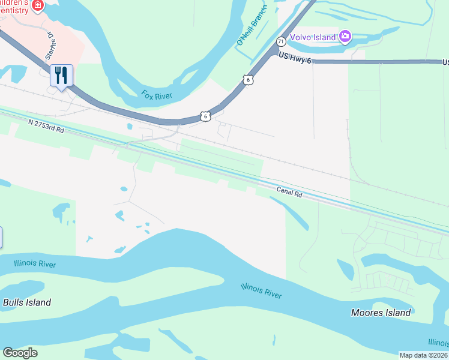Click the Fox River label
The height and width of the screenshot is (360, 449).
click(x=157, y=95)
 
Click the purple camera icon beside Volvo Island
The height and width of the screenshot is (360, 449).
click(x=345, y=37)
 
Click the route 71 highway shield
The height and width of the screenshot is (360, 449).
click(x=280, y=41)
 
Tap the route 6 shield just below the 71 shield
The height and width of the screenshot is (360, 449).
click(x=247, y=79)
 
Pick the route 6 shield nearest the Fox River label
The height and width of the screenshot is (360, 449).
click(x=205, y=116)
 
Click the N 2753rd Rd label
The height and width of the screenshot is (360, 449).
click(x=46, y=125)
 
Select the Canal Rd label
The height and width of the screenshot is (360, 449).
click(x=289, y=191)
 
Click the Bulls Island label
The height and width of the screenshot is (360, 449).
click(x=27, y=302)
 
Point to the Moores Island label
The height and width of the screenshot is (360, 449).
click(x=381, y=313)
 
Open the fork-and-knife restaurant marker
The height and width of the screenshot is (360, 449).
click(x=61, y=76)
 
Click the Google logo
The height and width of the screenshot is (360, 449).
click(x=20, y=353)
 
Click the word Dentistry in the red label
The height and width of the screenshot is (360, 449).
click(x=14, y=10)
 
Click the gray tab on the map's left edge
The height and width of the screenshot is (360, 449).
click(x=1, y=237)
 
